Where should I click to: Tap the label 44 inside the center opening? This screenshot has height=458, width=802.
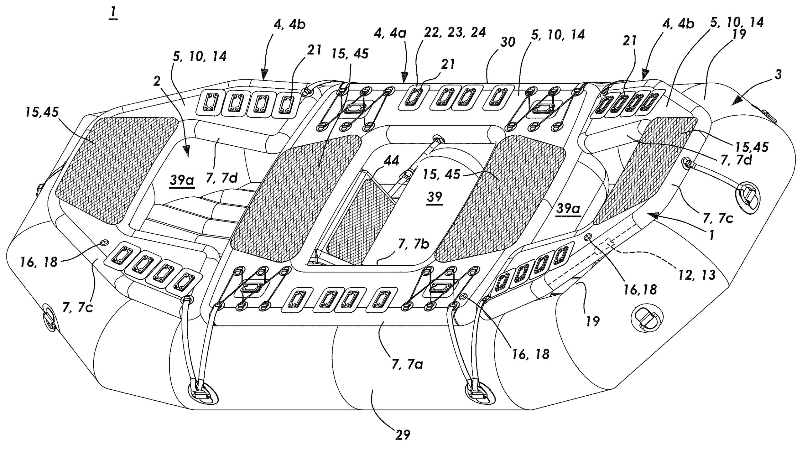(x=391, y=161)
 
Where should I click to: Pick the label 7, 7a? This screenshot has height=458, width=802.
(x=407, y=364)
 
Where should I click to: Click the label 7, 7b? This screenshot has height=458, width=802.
(x=414, y=244)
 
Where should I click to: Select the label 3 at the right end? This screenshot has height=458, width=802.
(x=778, y=75)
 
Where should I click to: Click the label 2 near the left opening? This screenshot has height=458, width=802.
(x=157, y=81)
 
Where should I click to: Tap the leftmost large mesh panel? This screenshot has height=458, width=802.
(x=116, y=170)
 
